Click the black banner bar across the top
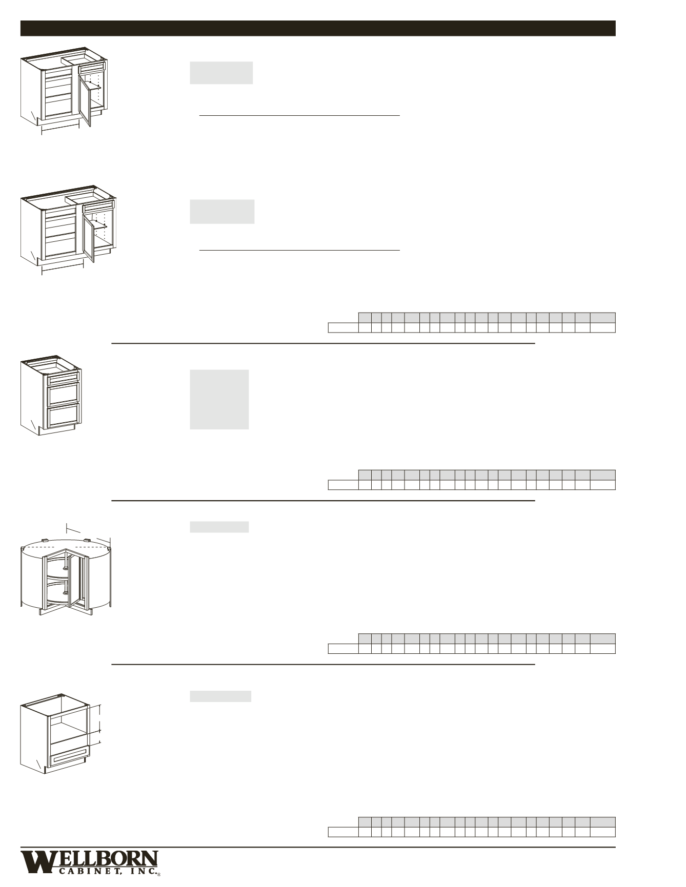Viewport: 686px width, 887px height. (318, 28)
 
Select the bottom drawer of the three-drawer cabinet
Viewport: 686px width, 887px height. (63, 415)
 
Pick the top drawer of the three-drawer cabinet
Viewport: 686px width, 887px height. (63, 380)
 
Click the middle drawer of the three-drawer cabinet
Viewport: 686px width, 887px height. (63, 395)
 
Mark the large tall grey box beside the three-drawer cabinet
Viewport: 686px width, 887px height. (219, 399)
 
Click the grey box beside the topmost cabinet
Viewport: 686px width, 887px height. (221, 73)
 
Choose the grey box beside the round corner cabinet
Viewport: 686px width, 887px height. (219, 527)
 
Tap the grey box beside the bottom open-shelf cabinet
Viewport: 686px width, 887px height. (220, 696)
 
